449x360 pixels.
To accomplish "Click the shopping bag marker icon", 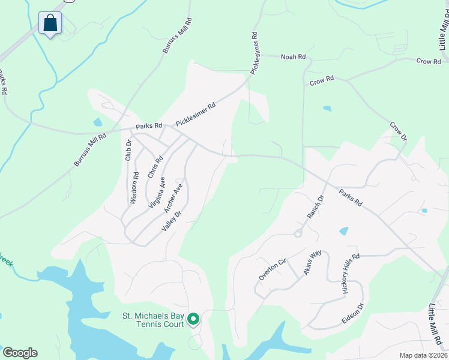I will click(50, 23).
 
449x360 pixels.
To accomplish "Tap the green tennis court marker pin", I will click(193, 319).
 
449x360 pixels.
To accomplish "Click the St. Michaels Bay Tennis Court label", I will click(152, 320).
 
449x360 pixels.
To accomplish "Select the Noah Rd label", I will click(294, 56).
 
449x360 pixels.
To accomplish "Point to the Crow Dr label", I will click(399, 132).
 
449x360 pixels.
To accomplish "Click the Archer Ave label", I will click(173, 198).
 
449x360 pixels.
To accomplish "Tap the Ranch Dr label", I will click(315, 206).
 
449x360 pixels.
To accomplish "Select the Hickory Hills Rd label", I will click(350, 273).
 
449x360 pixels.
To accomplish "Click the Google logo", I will click(20, 353).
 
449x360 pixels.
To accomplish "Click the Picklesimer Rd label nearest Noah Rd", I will click(255, 53).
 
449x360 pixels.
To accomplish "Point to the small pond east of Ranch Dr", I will click(344, 231).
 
